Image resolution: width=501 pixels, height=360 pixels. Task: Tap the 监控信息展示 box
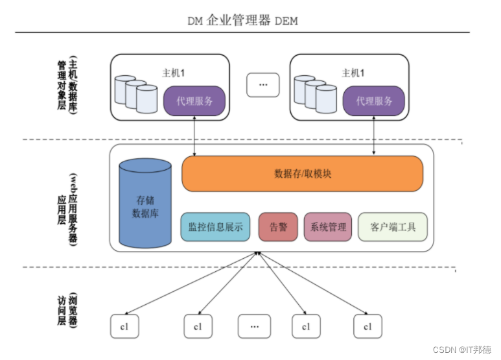(x=215, y=227)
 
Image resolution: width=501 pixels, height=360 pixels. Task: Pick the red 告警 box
(x=278, y=227)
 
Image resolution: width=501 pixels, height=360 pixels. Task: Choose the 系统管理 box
(x=328, y=227)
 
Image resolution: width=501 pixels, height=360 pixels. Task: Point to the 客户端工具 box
(x=393, y=227)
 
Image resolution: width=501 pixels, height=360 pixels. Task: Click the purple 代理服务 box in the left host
(x=194, y=101)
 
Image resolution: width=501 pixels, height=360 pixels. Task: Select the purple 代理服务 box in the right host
(x=374, y=101)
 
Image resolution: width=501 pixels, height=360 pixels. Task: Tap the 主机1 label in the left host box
(x=173, y=73)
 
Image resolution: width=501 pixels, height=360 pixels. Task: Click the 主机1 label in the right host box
(x=353, y=73)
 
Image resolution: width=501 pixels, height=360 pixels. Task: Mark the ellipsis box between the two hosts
(x=263, y=85)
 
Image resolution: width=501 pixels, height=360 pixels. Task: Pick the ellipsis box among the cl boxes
(x=253, y=326)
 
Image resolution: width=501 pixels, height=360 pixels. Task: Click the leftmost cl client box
(x=124, y=326)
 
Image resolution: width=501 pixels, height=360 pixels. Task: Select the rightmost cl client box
(x=367, y=326)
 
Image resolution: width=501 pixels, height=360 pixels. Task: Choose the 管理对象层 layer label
(x=62, y=85)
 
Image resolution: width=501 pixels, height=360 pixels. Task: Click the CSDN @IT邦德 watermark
(x=462, y=349)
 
